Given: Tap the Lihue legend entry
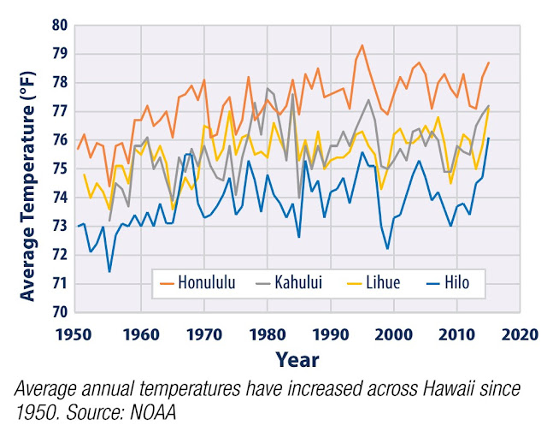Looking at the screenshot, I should [x=379, y=282].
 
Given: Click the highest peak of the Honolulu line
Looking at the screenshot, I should [x=362, y=45].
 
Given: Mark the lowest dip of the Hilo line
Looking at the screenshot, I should [x=109, y=271].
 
